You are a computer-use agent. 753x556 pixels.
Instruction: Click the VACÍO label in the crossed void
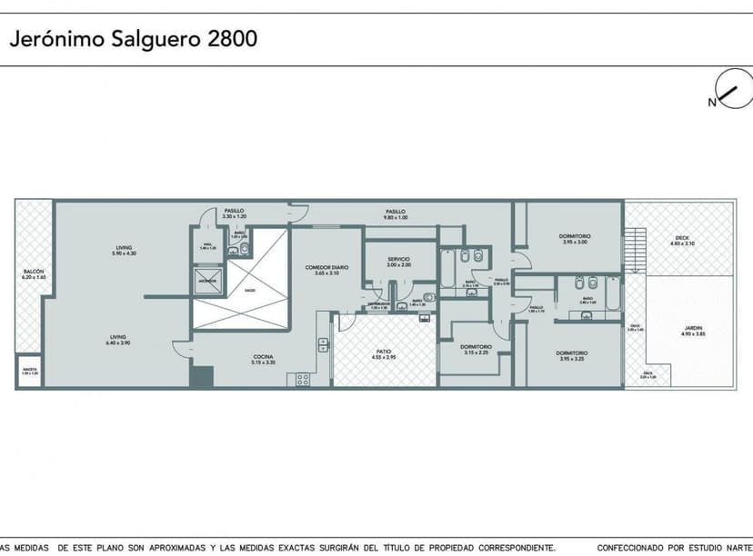click(x=249, y=291)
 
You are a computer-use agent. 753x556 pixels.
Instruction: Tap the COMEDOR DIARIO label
click(x=326, y=266)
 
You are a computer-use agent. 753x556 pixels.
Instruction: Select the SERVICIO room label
click(x=398, y=258)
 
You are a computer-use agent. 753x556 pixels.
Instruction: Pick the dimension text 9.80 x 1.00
click(x=395, y=217)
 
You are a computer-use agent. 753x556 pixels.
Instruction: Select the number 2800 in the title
click(x=233, y=39)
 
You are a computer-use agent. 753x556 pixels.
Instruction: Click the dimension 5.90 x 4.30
click(x=124, y=253)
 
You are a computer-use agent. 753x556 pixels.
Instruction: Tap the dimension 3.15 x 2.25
click(x=476, y=352)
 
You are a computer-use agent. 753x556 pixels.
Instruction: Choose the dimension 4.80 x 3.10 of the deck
click(x=681, y=243)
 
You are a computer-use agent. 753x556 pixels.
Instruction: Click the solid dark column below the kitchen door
click(x=200, y=376)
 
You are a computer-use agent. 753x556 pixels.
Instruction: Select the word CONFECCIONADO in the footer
click(x=627, y=548)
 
